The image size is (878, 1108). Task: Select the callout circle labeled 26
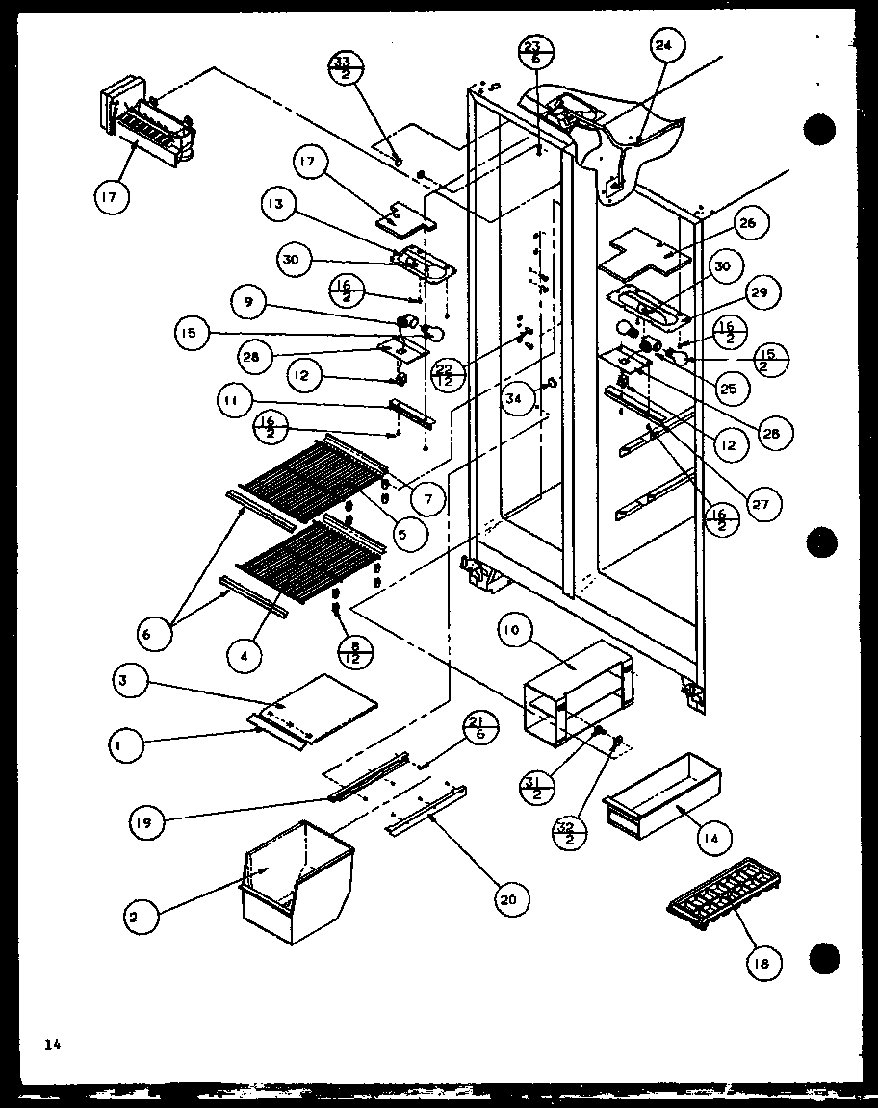[x=748, y=224]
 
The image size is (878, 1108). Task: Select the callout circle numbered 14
[x=710, y=838]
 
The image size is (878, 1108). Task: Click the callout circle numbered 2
[x=134, y=917]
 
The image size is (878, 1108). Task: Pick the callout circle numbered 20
[x=506, y=898]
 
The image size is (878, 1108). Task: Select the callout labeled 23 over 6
[x=535, y=53]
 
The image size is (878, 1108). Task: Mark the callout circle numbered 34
[x=518, y=400]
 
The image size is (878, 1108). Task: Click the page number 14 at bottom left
[x=51, y=1044]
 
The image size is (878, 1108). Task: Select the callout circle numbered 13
[x=277, y=205]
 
